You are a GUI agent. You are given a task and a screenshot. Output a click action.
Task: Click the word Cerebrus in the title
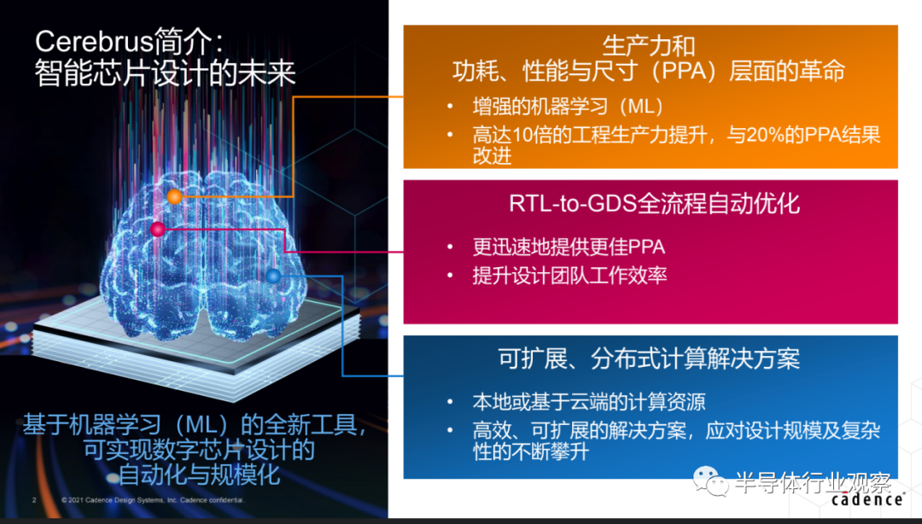click(x=94, y=43)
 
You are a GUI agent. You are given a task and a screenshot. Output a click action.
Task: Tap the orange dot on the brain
click(x=174, y=196)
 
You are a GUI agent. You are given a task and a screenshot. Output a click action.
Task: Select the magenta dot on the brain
click(x=158, y=229)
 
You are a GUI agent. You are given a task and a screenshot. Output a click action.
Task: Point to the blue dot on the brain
click(x=273, y=276)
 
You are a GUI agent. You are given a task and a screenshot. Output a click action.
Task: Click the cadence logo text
click(x=868, y=500)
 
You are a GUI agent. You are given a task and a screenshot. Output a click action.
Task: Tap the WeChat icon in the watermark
click(x=710, y=480)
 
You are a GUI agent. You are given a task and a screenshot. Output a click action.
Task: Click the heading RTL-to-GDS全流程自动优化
click(x=654, y=203)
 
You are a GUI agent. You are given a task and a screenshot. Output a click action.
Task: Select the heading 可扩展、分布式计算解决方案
click(x=649, y=358)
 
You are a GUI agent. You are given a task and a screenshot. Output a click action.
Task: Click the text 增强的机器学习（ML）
click(x=568, y=107)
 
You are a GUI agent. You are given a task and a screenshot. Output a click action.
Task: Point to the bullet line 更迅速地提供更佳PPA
click(x=569, y=247)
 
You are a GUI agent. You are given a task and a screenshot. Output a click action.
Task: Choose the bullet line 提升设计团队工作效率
click(x=569, y=276)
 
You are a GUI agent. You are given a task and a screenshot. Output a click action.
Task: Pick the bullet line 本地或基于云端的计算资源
click(x=588, y=402)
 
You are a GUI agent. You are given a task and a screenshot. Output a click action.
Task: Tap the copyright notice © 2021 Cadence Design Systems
click(x=152, y=500)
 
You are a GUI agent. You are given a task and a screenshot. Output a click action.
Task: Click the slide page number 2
click(x=34, y=500)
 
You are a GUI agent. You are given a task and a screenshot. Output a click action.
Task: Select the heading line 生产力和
click(x=649, y=46)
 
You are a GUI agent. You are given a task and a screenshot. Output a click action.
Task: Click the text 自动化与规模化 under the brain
click(x=199, y=475)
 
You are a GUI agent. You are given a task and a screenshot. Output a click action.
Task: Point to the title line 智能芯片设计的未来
click(x=166, y=73)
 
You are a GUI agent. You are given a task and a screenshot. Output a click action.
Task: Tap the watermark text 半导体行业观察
click(x=814, y=482)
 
